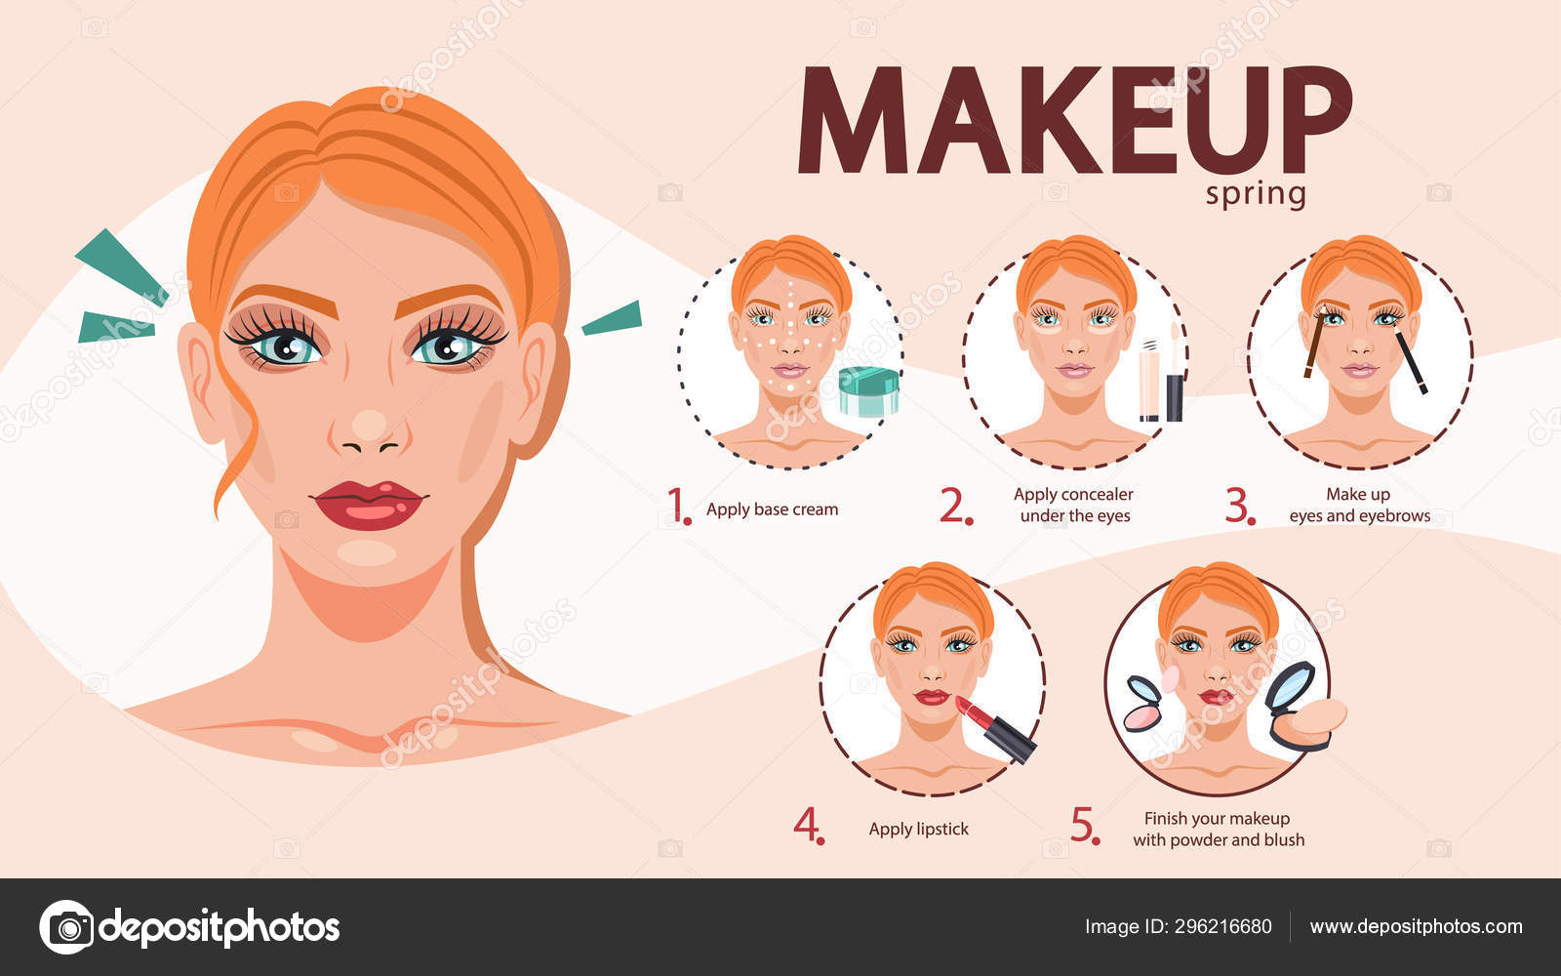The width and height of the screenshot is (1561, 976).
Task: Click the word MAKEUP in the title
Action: coord(1074,119)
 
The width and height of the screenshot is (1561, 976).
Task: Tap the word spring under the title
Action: coord(1256,194)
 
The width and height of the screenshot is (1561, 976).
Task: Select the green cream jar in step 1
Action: coord(868,391)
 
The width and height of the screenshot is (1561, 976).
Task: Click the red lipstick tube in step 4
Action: coord(996,728)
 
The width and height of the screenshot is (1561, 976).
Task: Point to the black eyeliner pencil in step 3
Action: coord(1411,361)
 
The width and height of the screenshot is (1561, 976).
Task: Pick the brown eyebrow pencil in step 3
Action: coord(1314,342)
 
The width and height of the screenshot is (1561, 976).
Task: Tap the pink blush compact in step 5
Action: coord(1145,704)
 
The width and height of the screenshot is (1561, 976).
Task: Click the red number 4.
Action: coord(809,826)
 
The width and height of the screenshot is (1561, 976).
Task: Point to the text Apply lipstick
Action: coord(918,829)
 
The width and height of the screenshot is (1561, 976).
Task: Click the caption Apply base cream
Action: coord(772,509)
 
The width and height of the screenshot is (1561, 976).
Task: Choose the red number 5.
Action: coord(1085,826)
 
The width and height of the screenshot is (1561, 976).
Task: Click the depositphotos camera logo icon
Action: coord(67,927)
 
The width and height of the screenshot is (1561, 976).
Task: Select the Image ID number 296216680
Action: coord(1223,926)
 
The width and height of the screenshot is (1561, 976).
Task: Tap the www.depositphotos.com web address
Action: coord(1416,926)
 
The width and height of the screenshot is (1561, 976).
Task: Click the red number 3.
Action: coord(1240,507)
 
